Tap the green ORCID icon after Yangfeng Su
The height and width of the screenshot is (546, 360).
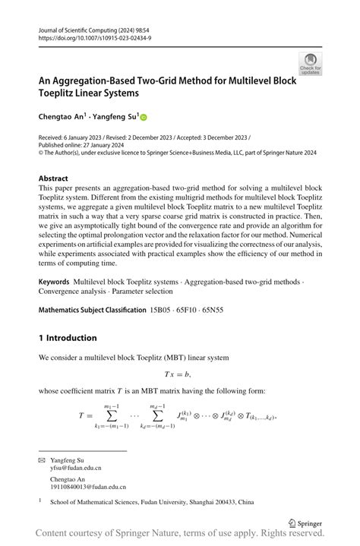(143, 118)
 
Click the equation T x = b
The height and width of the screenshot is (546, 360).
(177, 374)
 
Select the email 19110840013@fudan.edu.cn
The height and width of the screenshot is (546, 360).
(88, 487)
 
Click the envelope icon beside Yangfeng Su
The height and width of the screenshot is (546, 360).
(42, 460)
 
